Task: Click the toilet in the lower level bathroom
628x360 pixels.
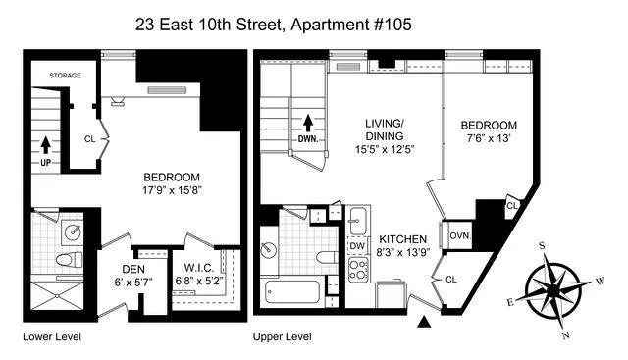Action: tap(66, 261)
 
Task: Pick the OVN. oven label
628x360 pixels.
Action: tap(460, 235)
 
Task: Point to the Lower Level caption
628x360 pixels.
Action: tap(51, 337)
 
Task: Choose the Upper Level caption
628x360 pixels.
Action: tap(283, 337)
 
